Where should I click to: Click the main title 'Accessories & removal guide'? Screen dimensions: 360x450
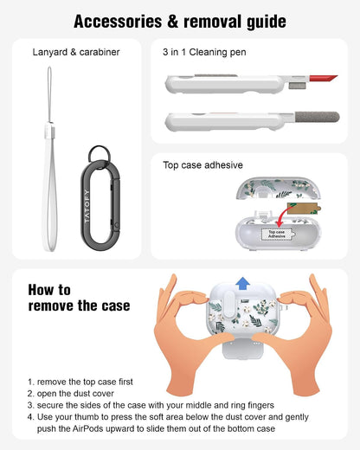click(180, 22)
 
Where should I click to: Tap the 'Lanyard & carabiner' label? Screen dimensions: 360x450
click(76, 52)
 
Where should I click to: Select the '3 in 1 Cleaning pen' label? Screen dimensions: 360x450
click(204, 52)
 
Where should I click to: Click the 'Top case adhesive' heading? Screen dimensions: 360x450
click(202, 165)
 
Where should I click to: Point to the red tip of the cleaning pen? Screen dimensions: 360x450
click(323, 78)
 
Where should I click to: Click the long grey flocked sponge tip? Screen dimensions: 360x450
click(317, 117)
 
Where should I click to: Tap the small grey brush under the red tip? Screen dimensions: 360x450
click(297, 86)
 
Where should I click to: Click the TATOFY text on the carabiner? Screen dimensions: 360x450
click(87, 206)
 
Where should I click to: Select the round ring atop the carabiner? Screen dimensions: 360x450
click(100, 154)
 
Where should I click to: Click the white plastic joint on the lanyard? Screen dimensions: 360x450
click(49, 130)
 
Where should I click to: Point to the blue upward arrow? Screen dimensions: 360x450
click(242, 283)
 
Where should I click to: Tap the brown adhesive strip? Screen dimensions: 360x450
click(304, 209)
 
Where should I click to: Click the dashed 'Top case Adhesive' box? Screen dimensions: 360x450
click(277, 234)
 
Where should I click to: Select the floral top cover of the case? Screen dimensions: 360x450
click(278, 189)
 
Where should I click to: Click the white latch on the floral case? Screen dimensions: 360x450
click(229, 305)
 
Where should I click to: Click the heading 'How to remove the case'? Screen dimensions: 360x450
click(79, 298)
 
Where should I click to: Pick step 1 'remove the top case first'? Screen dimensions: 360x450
click(80, 382)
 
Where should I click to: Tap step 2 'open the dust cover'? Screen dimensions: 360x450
click(71, 394)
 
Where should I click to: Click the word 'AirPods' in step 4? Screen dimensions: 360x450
click(87, 428)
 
